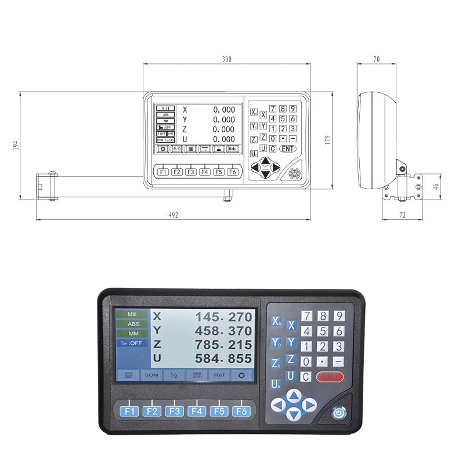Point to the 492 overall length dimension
(173, 215)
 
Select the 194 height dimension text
(16, 145)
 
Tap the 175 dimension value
(327, 140)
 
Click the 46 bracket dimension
(436, 186)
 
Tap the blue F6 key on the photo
(241, 411)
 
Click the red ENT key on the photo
(330, 377)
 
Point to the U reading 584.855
(223, 359)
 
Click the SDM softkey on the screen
(151, 375)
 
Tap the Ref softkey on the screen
(219, 375)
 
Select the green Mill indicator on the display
(133, 315)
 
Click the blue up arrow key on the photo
(294, 395)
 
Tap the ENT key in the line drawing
(287, 149)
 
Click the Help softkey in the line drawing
(232, 149)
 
